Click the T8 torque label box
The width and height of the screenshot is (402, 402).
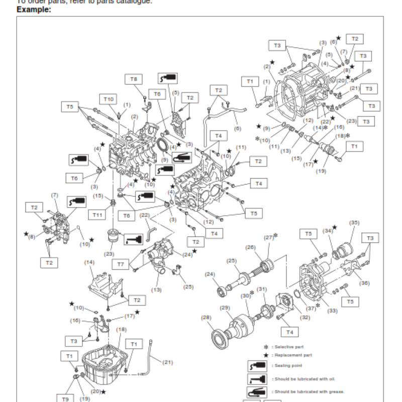(x=134, y=79)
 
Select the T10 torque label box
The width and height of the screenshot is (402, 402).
(x=109, y=99)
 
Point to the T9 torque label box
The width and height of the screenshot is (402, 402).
(x=65, y=398)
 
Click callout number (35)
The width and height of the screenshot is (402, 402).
(x=355, y=223)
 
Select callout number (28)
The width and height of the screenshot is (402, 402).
(x=207, y=317)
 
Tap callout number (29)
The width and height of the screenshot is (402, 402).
(x=225, y=308)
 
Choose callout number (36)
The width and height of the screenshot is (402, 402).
(x=365, y=283)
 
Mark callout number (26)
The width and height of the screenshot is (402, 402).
(x=250, y=247)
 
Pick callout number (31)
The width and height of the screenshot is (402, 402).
(x=262, y=289)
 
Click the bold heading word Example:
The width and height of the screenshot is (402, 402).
(x=34, y=10)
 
